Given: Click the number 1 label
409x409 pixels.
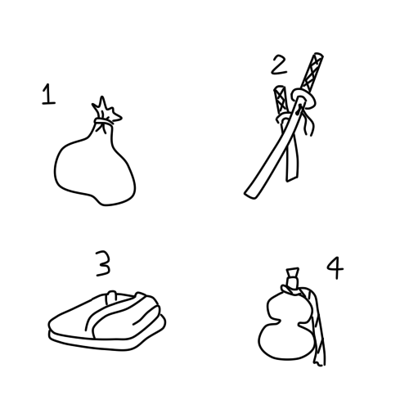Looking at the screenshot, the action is point(48,94).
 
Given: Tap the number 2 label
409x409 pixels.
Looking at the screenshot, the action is point(279,65).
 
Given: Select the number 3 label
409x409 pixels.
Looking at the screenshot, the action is point(103,263).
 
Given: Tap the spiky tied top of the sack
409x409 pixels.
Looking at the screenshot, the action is point(106,108).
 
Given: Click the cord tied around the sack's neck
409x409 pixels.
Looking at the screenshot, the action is point(104,122).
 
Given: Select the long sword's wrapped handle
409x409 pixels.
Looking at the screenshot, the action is point(312,72).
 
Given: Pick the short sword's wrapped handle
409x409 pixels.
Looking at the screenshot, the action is point(281,100).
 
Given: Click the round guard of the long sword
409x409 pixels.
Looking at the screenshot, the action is point(303,98).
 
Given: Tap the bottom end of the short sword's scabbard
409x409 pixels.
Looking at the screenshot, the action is point(291,178).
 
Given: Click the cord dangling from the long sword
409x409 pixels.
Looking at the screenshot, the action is point(307,122).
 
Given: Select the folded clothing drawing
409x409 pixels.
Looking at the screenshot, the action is point(107,321).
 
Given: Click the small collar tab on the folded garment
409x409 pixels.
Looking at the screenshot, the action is point(111,297).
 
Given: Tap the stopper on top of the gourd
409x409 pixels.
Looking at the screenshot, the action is point(292,276).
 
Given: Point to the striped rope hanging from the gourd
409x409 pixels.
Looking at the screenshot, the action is point(317,327).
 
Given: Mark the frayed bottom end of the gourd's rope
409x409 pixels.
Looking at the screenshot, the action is point(320,362).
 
